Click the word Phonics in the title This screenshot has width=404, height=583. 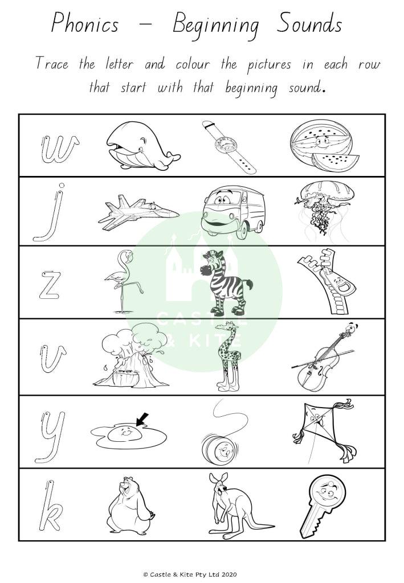[84, 24]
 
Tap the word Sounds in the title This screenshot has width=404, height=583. [309, 23]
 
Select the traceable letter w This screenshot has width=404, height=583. [59, 150]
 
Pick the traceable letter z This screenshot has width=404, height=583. [50, 286]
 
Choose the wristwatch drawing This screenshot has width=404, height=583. [229, 147]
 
